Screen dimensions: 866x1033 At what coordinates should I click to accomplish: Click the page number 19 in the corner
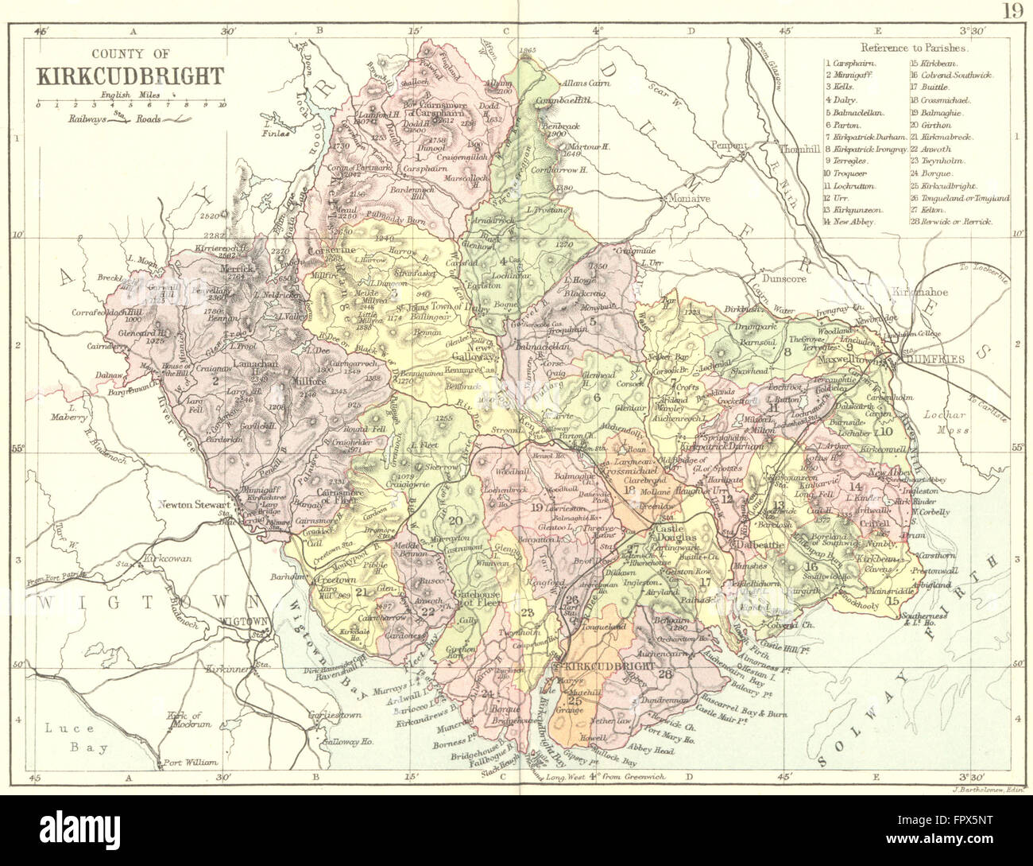(x=1012, y=13)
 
